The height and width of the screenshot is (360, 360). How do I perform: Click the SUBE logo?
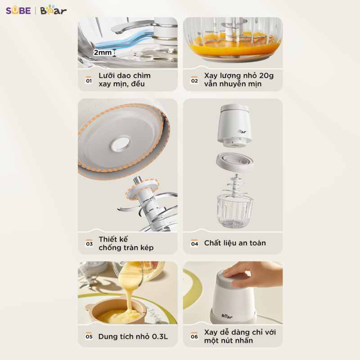[x=18, y=10]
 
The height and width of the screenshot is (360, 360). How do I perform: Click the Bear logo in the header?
[x=54, y=10]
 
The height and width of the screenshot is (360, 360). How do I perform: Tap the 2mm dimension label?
[x=103, y=53]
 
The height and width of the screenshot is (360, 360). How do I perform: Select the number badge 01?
[x=89, y=80]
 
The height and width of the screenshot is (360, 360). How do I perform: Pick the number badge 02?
[x=194, y=80]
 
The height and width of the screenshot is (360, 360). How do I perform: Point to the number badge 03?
[x=89, y=243]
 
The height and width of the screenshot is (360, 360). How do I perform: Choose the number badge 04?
[x=194, y=243]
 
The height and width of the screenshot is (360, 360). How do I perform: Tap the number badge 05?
[x=89, y=336]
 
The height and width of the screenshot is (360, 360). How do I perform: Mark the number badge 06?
[x=194, y=336]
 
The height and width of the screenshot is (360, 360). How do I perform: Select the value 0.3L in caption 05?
[x=160, y=337]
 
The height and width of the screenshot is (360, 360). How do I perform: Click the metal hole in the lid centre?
[x=121, y=144]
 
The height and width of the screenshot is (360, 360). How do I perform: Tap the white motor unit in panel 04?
[x=234, y=126]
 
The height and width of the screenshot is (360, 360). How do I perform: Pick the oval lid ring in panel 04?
[x=235, y=162]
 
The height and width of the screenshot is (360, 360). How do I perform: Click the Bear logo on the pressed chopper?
[x=227, y=316]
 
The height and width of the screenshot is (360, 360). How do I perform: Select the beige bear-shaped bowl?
[x=116, y=310]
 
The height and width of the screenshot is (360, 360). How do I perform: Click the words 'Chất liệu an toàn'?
[x=235, y=243]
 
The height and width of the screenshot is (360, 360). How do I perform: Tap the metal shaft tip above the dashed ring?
[x=138, y=180]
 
